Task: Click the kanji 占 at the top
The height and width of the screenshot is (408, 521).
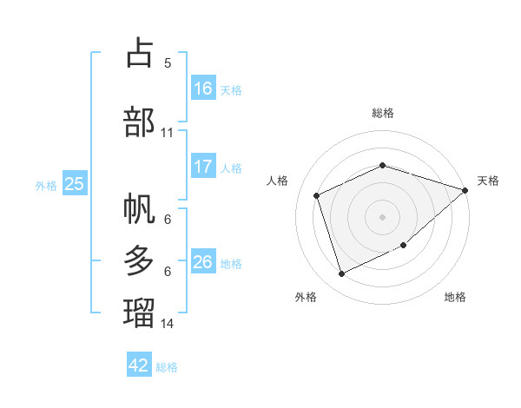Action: pos(140,53)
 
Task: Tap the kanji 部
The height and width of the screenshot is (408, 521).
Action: pos(140,121)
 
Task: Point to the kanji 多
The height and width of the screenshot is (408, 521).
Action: pos(140,260)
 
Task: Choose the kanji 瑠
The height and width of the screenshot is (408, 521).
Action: pos(140,312)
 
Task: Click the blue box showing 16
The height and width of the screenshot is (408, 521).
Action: pos(203,89)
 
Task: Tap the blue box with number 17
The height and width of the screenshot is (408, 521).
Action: pos(203,167)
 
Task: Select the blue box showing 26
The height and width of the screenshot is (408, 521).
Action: pos(203,262)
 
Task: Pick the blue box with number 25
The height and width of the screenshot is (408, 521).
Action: pos(75,184)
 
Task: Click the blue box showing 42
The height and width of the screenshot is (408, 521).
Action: pos(139,365)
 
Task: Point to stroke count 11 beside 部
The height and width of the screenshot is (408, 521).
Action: pos(168,133)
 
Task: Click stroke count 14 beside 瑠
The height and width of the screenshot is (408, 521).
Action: pos(168,323)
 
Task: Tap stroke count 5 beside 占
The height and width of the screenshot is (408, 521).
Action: pos(168,63)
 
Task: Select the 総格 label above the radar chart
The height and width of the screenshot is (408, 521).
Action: pos(383,113)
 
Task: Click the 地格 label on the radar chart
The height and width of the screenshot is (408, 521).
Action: pos(455,298)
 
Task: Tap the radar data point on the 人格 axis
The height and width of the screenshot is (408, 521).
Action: pos(317,195)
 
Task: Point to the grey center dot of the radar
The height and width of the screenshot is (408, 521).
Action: pos(383,216)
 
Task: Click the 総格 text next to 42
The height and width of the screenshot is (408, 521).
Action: pos(167,367)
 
